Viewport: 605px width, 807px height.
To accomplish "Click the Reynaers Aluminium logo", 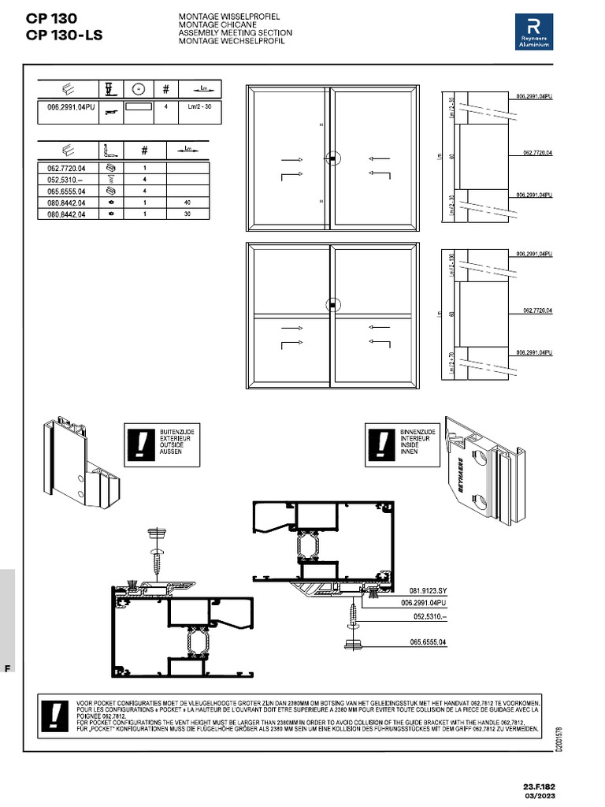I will click(x=534, y=32).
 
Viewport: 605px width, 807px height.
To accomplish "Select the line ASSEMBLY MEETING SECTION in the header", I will click(x=235, y=33).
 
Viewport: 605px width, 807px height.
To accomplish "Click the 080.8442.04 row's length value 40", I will click(x=187, y=203).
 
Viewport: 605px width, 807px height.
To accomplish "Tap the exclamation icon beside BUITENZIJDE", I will click(x=139, y=444).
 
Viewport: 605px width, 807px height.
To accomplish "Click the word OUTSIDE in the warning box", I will click(x=171, y=445).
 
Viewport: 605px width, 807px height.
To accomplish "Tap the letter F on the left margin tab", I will click(x=7, y=668).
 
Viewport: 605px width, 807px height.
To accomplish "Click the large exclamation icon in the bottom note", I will click(x=55, y=716).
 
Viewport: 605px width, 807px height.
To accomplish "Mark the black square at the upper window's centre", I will click(x=333, y=160).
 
